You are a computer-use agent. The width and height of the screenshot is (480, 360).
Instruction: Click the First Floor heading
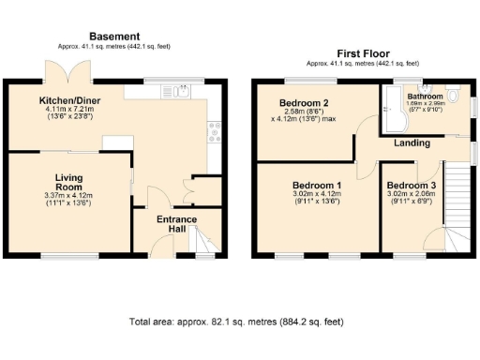(x=364, y=53)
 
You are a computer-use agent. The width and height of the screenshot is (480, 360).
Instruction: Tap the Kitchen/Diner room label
(x=70, y=99)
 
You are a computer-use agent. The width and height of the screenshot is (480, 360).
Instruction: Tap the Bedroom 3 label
(x=411, y=185)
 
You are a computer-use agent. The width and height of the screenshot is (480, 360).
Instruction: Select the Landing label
(x=412, y=143)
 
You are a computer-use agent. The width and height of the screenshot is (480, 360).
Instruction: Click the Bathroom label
(x=425, y=96)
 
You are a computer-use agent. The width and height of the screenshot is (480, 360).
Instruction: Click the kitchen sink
(x=176, y=92)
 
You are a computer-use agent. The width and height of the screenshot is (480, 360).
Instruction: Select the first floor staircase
(x=457, y=206)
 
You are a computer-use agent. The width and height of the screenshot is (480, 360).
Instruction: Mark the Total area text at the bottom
(x=239, y=322)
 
